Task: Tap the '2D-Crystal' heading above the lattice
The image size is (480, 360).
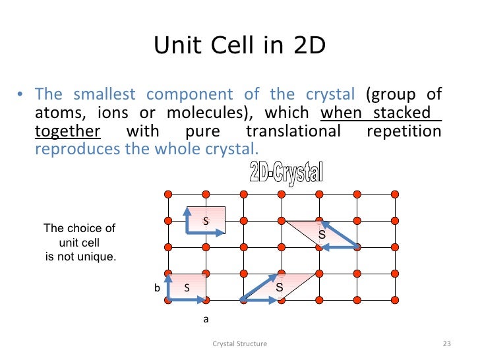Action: [x=286, y=173]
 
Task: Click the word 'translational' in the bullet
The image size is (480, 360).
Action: [x=293, y=131]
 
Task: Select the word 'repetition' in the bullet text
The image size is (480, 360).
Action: [x=403, y=131]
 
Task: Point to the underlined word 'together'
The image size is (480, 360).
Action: [x=67, y=131]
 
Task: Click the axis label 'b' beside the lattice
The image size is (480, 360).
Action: [x=157, y=288]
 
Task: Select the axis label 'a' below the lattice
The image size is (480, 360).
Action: [x=205, y=318]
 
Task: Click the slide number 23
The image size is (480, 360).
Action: [x=446, y=344]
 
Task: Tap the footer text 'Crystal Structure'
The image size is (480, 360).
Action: [x=240, y=344]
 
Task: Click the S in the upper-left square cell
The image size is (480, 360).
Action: [x=205, y=221]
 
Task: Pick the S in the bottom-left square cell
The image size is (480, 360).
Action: [x=187, y=287]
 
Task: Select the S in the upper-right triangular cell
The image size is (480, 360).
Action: [x=322, y=234]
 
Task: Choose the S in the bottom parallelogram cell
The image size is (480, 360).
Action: [x=279, y=288]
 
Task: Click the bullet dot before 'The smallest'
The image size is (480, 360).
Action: [x=20, y=94]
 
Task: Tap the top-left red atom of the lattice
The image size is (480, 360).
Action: [x=167, y=194]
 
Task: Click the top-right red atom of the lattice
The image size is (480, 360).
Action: [x=395, y=194]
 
